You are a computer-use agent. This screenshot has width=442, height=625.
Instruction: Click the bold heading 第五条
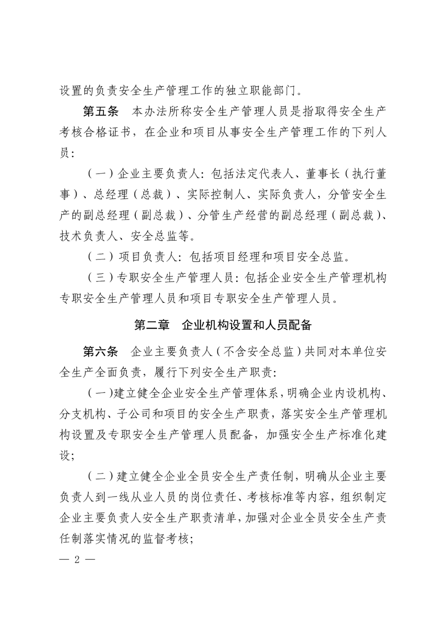(x=100, y=111)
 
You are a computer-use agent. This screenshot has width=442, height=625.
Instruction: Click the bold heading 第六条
(x=100, y=352)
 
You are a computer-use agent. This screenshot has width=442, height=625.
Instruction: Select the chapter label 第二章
(x=152, y=325)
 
